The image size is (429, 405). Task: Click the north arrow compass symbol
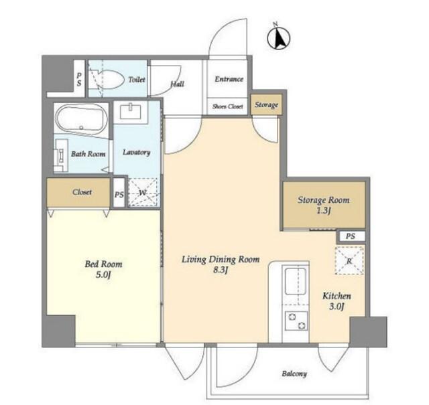tap(279, 37)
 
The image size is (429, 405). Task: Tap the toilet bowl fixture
tap(108, 79)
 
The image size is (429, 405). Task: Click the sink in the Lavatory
tap(131, 111)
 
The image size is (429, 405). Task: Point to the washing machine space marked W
tap(143, 192)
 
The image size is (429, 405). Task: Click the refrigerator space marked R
tap(349, 261)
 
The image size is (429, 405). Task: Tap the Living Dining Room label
tap(221, 259)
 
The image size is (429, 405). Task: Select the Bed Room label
tap(104, 264)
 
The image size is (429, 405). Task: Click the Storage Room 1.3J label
tap(323, 205)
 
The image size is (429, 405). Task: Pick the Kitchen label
tap(336, 296)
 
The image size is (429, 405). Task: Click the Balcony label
tap(294, 374)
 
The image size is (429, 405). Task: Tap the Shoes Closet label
tap(228, 106)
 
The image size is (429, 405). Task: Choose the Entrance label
tap(229, 79)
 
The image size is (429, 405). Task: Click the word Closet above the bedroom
tap(82, 192)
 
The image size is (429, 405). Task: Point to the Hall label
tap(177, 84)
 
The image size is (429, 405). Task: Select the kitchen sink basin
tap(295, 281)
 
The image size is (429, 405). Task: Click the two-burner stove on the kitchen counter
tap(296, 321)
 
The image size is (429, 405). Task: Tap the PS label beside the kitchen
tap(351, 236)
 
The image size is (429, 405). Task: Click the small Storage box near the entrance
tap(266, 104)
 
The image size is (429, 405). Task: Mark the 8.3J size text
tap(221, 270)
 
